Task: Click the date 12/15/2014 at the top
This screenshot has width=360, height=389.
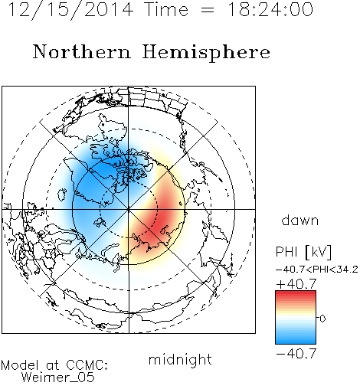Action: click(x=70, y=10)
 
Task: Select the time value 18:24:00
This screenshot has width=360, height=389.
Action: click(x=270, y=9)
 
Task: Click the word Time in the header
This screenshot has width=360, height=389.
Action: click(x=166, y=9)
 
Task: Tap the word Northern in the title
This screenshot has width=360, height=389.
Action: click(x=82, y=51)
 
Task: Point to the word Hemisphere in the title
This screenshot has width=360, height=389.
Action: click(x=206, y=53)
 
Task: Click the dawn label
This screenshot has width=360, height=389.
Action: click(x=299, y=220)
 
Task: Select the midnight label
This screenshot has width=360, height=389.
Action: click(x=180, y=359)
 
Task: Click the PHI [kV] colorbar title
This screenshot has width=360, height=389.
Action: click(x=303, y=252)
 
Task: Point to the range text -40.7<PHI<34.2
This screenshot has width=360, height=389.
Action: click(x=317, y=270)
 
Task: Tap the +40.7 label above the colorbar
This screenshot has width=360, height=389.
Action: click(x=296, y=283)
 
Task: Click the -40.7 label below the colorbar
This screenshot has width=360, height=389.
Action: click(x=296, y=353)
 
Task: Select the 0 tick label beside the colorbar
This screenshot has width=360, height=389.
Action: click(x=322, y=319)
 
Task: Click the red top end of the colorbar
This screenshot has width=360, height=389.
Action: click(x=296, y=293)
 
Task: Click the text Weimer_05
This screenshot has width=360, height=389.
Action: click(x=57, y=377)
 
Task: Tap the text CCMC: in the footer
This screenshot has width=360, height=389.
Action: click(x=87, y=365)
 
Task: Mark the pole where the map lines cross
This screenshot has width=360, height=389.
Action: click(x=129, y=209)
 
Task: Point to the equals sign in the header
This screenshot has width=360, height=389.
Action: click(x=208, y=10)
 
